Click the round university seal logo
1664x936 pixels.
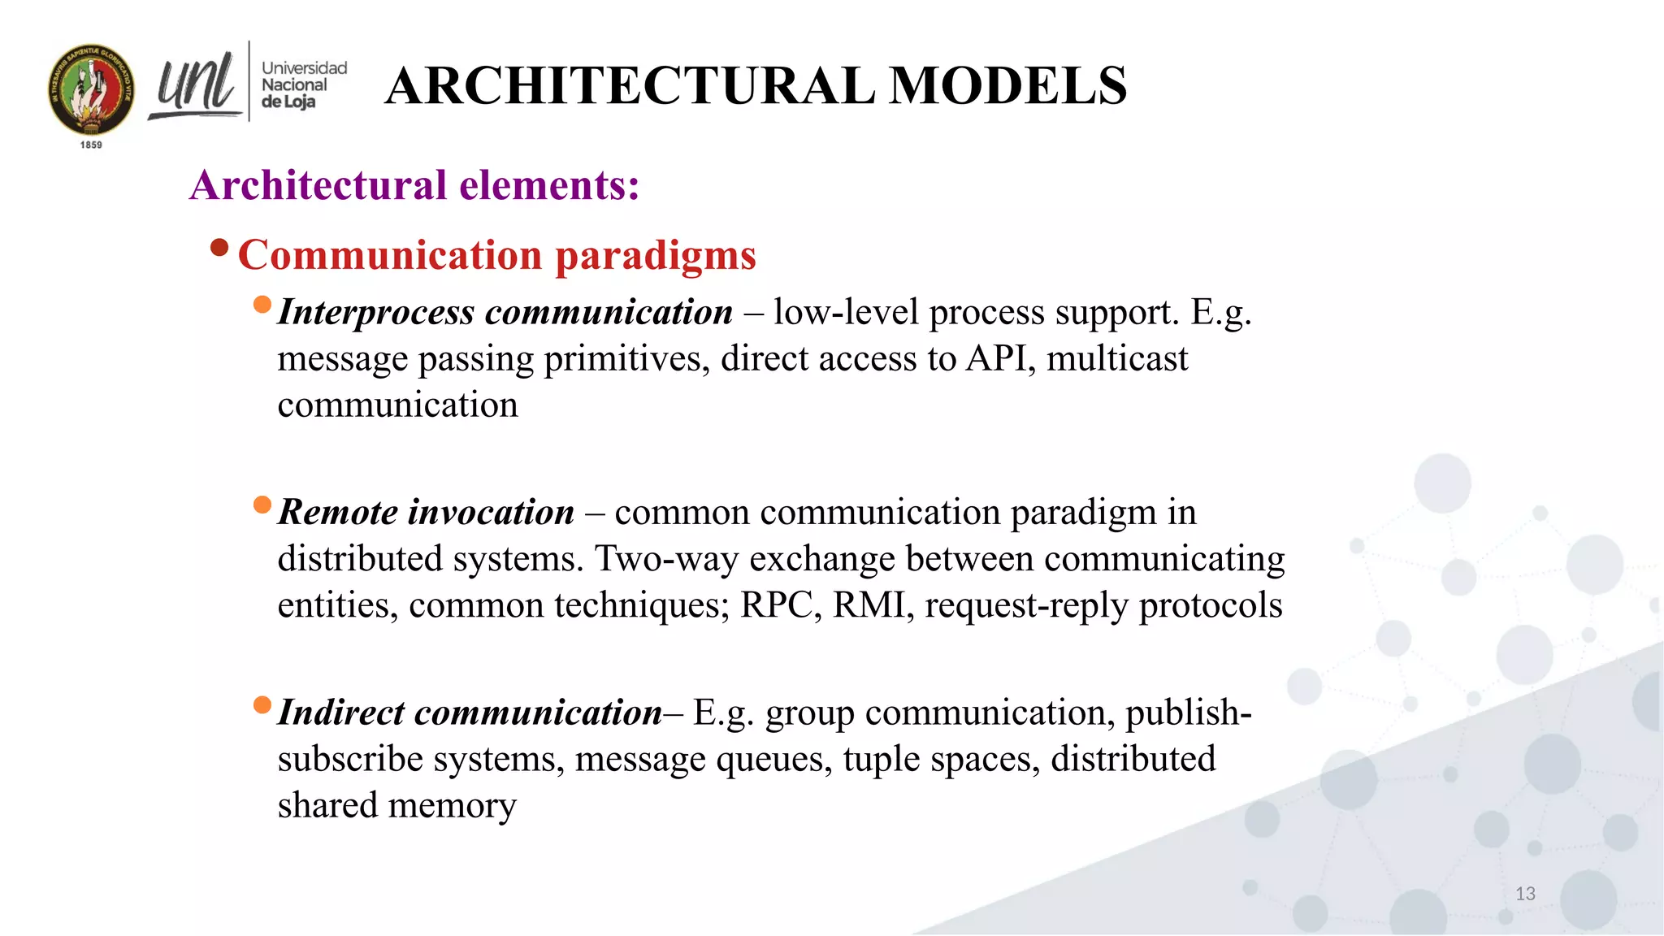click(x=91, y=89)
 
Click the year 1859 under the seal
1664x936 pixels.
click(x=91, y=145)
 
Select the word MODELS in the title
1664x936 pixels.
click(x=1007, y=85)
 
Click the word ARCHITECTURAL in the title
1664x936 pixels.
click(x=630, y=85)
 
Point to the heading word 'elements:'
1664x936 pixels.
click(x=549, y=185)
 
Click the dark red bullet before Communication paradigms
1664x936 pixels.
click(x=219, y=247)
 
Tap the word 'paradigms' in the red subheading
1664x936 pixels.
click(x=656, y=255)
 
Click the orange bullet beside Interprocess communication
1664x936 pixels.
click(x=262, y=305)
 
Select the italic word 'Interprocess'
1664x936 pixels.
click(x=376, y=313)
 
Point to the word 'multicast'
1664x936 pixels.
click(x=1117, y=358)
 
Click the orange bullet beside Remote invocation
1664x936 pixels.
click(x=262, y=505)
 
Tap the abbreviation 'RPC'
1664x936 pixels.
click(x=780, y=605)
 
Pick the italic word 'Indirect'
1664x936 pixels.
click(x=340, y=713)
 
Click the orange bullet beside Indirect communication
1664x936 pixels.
click(x=262, y=704)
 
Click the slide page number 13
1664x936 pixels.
click(x=1525, y=894)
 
